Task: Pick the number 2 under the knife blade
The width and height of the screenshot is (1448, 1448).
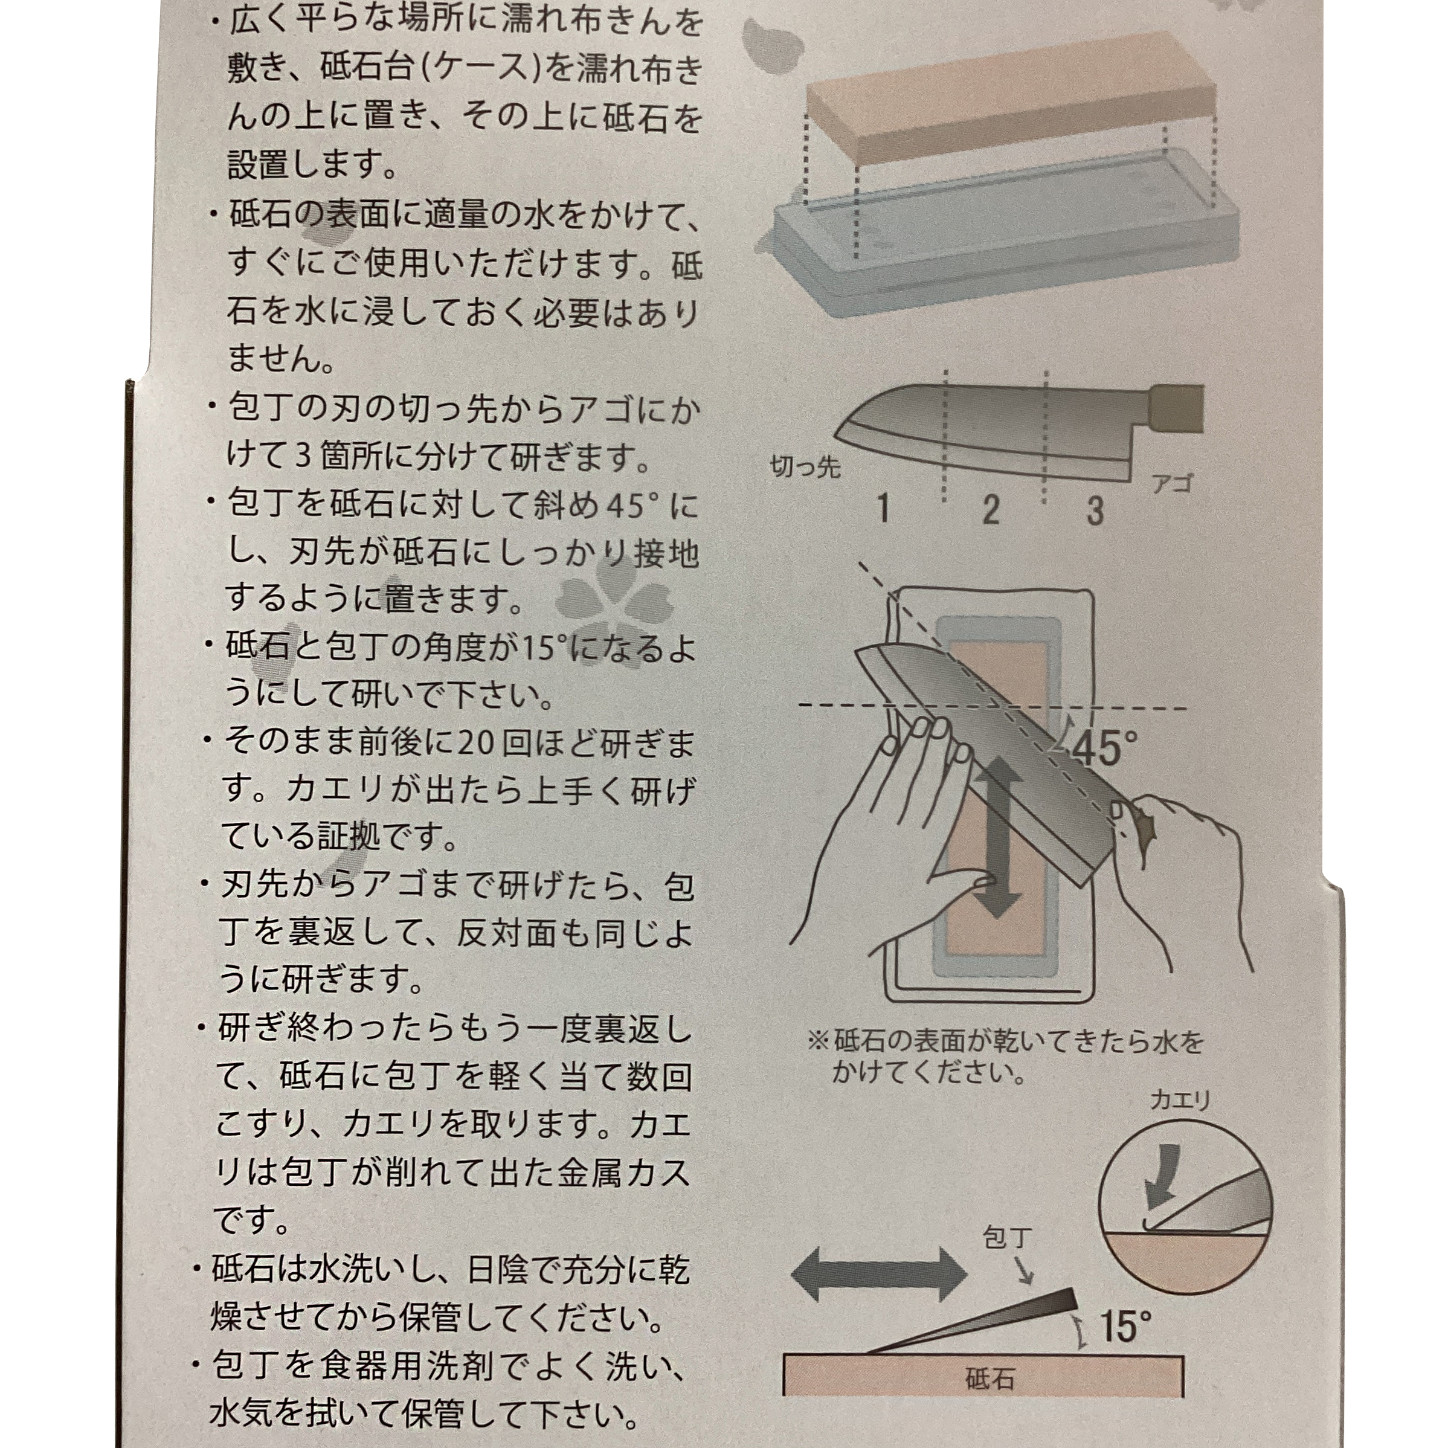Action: coord(991,510)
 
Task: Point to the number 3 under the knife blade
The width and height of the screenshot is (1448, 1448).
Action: coord(1095,510)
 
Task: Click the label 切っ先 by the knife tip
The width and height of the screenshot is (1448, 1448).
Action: coord(806,467)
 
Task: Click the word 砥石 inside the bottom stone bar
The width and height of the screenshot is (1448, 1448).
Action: coord(989,1379)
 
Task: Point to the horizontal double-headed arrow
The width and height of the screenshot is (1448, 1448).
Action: coord(879,1275)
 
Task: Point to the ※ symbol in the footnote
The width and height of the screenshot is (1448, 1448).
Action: coord(819,1042)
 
